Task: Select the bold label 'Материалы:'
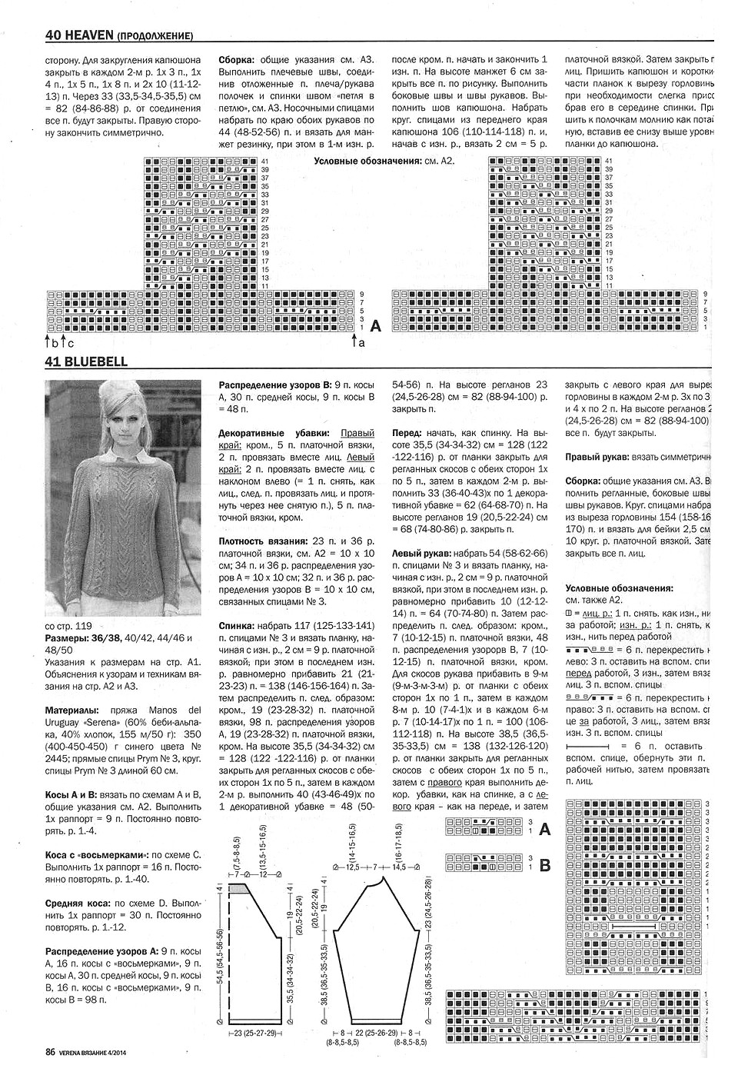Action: point(73,711)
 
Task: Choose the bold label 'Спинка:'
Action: point(240,626)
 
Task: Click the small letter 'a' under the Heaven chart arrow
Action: point(361,344)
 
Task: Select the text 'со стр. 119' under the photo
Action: point(68,626)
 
